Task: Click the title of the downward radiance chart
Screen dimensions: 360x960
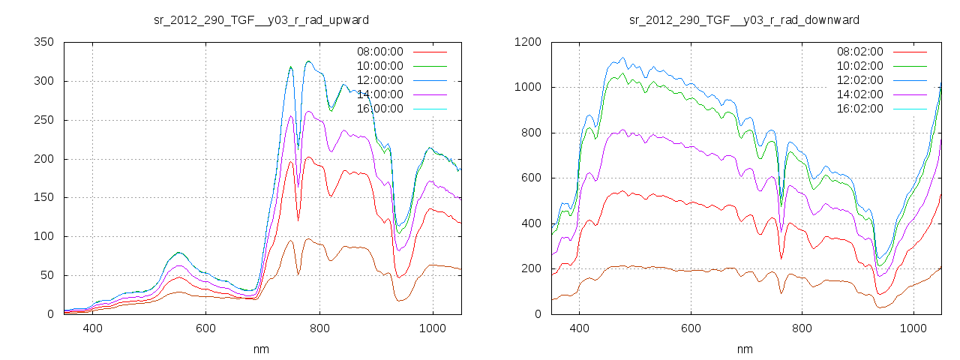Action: pyautogui.click(x=744, y=19)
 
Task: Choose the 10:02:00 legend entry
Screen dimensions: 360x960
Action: pyautogui.click(x=859, y=66)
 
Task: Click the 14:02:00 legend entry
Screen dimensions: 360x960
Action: pyautogui.click(x=859, y=94)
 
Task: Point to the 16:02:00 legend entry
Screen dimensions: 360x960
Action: pyautogui.click(x=859, y=109)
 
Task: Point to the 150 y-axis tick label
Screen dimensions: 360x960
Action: pyautogui.click(x=46, y=197)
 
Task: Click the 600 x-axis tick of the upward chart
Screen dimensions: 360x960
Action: pyautogui.click(x=205, y=328)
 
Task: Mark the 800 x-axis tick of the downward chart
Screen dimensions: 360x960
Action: pyautogui.click(x=801, y=328)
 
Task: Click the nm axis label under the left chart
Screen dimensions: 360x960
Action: pyautogui.click(x=261, y=349)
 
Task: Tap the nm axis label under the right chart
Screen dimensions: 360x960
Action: pyautogui.click(x=744, y=349)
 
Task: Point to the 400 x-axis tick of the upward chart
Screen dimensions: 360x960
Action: pyautogui.click(x=92, y=328)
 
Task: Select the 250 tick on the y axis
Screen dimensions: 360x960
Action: pyautogui.click(x=46, y=120)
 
